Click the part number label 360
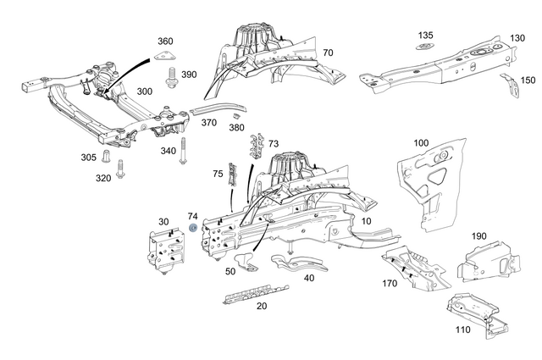pyautogui.click(x=165, y=42)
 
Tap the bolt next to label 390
pyautogui.click(x=170, y=79)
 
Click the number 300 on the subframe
pyautogui.click(x=145, y=91)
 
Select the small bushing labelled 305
pyautogui.click(x=108, y=158)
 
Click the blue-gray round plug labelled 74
pyautogui.click(x=193, y=228)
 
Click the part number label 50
pyautogui.click(x=230, y=271)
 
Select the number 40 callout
pyautogui.click(x=308, y=277)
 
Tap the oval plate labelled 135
pyautogui.click(x=425, y=47)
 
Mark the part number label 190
pyautogui.click(x=478, y=235)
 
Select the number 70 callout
pyautogui.click(x=327, y=53)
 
